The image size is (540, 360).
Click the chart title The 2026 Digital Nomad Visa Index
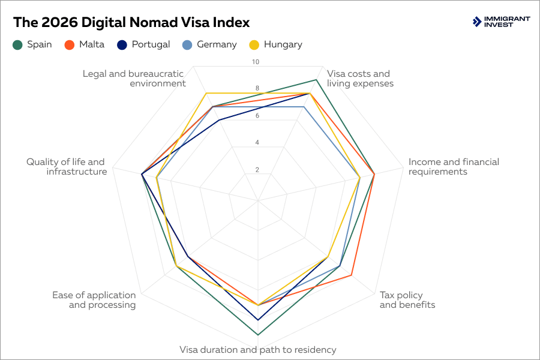[x=131, y=22]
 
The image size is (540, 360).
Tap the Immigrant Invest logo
[x=501, y=22]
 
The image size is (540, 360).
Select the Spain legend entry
[x=33, y=44]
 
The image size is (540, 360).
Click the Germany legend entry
[x=210, y=44]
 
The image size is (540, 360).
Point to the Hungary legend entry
[x=276, y=44]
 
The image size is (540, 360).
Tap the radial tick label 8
[x=257, y=89]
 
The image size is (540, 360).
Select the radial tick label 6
[x=257, y=116]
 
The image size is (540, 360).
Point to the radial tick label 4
[x=257, y=143]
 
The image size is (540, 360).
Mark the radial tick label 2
[x=257, y=170]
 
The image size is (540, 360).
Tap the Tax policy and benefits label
[x=407, y=300]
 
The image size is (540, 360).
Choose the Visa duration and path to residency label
[x=258, y=350]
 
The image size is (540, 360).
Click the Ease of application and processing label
[x=94, y=300]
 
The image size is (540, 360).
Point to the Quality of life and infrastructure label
[x=66, y=167]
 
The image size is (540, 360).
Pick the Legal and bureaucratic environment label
[x=134, y=79]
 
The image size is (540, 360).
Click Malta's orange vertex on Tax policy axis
[x=351, y=275]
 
